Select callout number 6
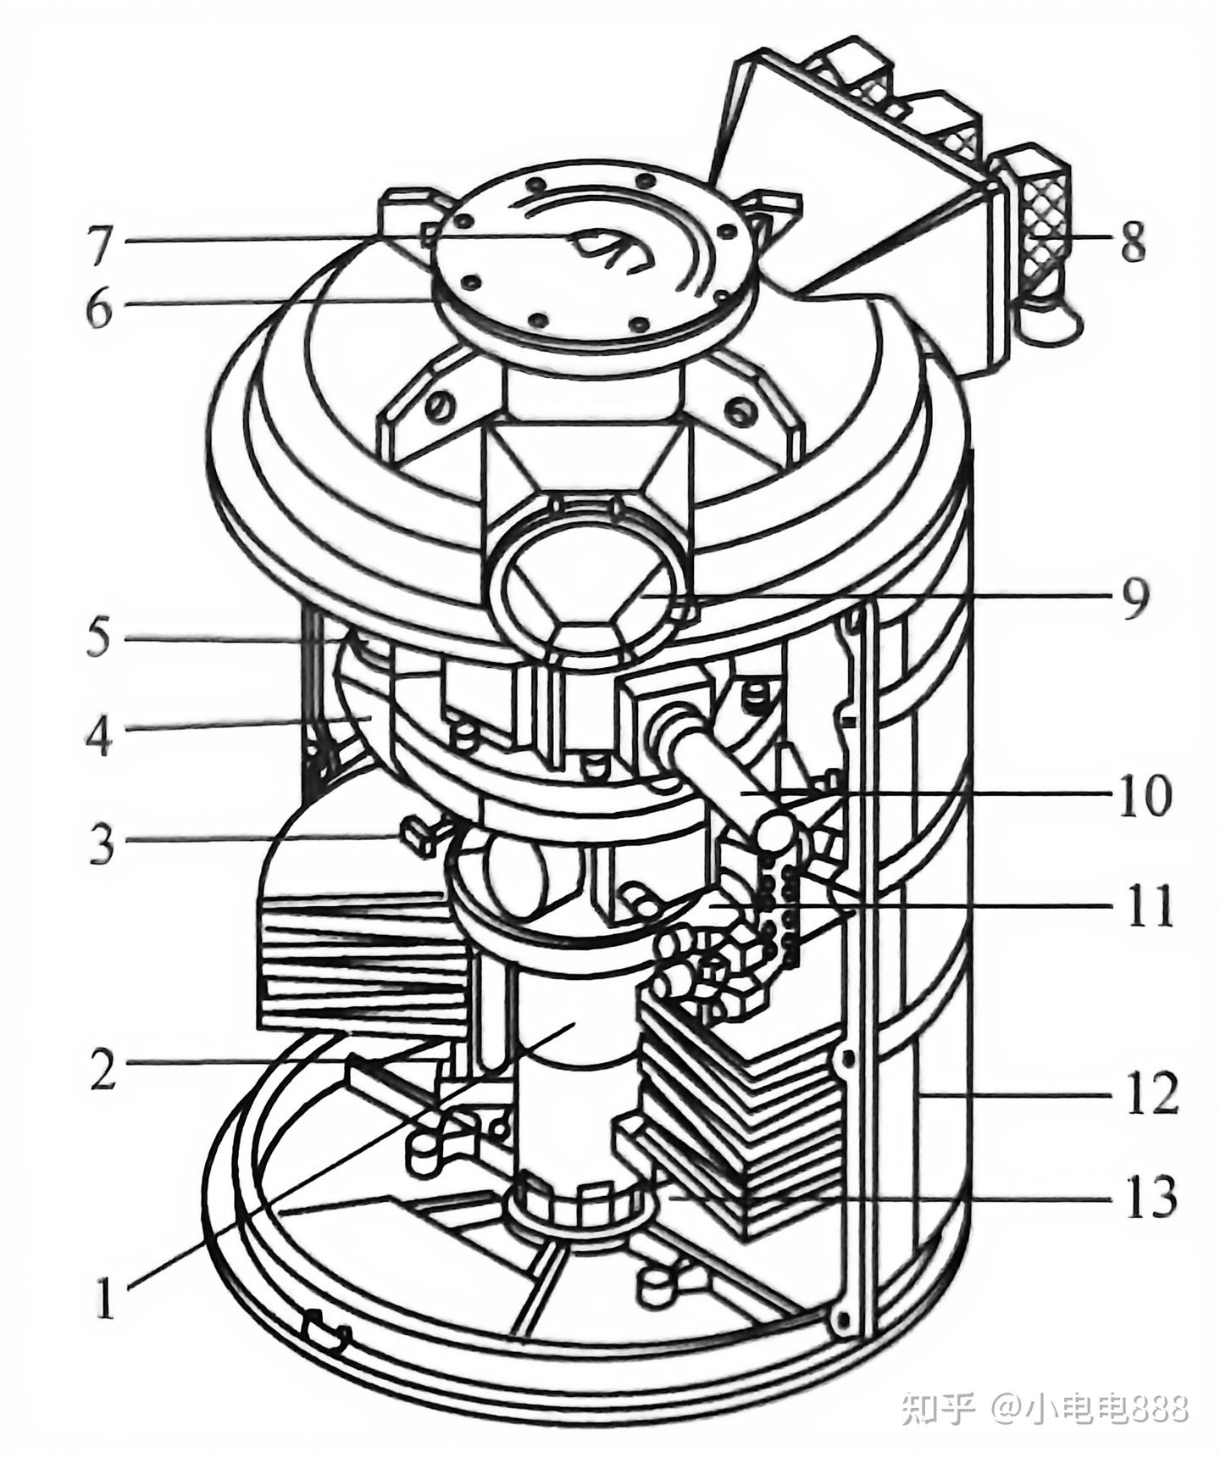100,309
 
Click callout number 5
99,637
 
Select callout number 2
102,1070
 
